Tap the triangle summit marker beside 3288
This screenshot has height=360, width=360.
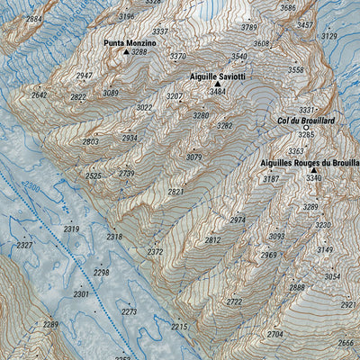(x=125, y=53)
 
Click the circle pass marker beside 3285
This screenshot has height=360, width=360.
(x=305, y=128)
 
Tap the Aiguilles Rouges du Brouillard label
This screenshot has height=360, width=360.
(x=309, y=163)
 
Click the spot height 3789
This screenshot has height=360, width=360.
(x=248, y=28)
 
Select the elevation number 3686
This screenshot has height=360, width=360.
(x=288, y=8)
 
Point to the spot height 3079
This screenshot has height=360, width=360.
(x=193, y=157)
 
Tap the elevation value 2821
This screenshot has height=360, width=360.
(x=175, y=192)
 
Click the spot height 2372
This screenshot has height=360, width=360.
(x=156, y=252)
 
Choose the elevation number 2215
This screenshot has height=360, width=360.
(x=179, y=326)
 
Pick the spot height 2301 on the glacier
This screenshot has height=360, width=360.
(x=81, y=294)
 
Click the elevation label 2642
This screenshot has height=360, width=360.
(x=39, y=94)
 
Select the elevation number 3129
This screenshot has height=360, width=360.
(x=328, y=36)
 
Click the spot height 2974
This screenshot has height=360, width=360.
(x=238, y=220)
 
